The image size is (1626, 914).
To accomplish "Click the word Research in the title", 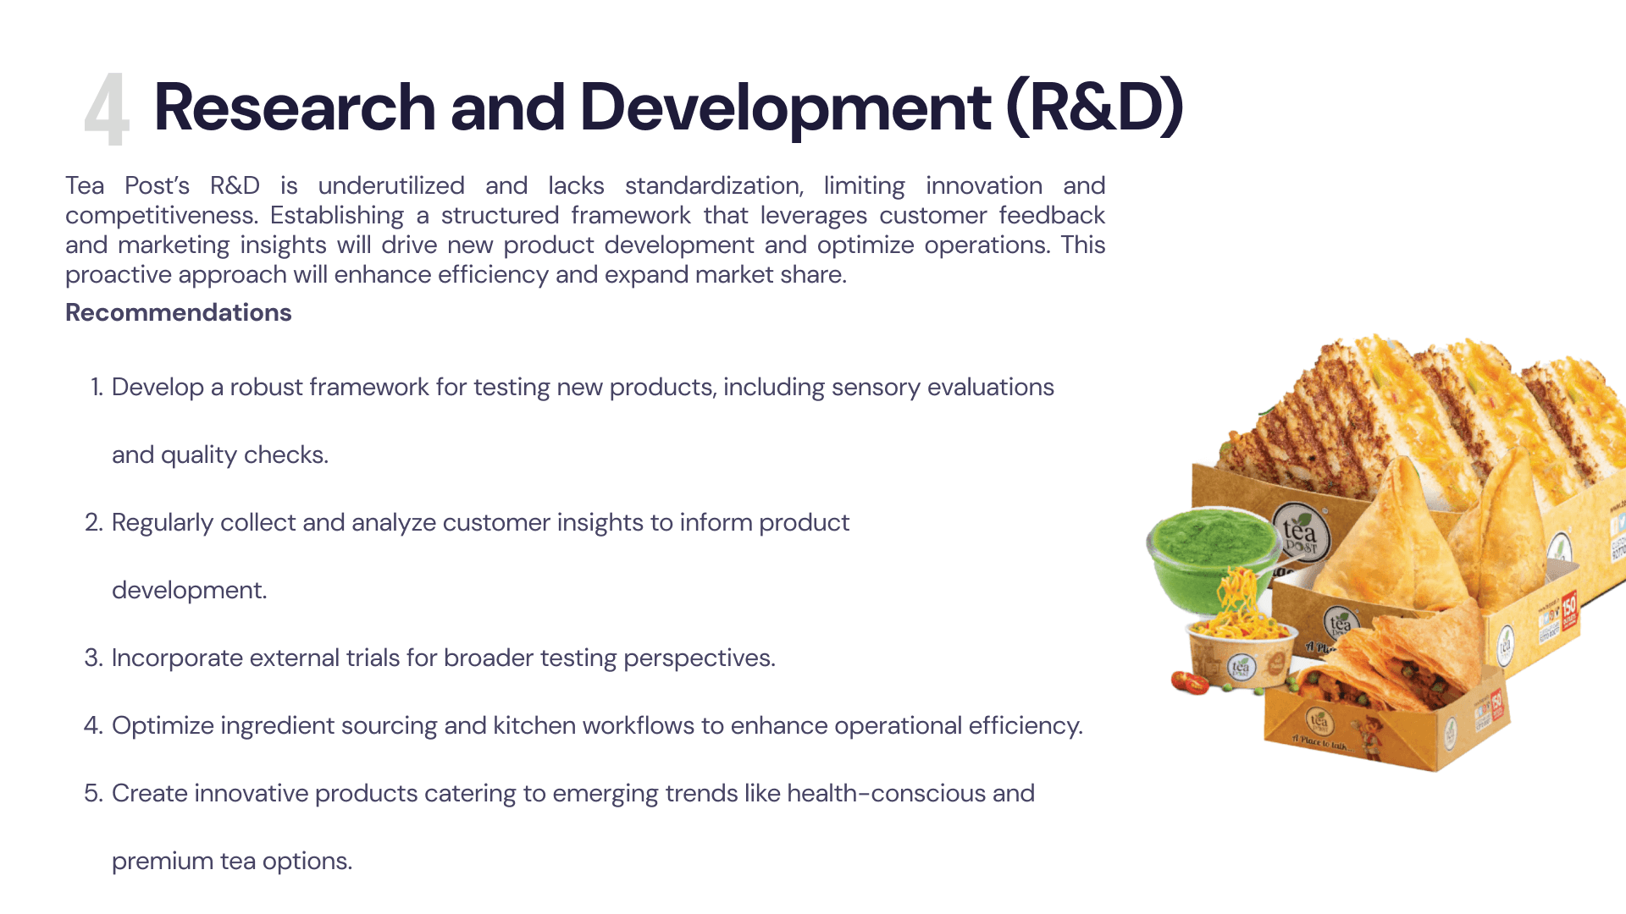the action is [x=295, y=107].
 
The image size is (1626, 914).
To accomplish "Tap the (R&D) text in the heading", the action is [x=1095, y=107].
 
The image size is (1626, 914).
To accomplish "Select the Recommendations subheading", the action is [x=179, y=312].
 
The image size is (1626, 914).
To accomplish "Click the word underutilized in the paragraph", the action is [x=391, y=185].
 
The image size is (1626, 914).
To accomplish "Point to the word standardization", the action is [x=714, y=186].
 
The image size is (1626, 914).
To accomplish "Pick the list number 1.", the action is [x=97, y=387].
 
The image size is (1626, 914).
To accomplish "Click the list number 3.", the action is [x=93, y=658].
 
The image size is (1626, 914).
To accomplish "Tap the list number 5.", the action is [x=93, y=793].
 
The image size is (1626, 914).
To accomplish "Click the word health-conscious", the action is [x=886, y=793].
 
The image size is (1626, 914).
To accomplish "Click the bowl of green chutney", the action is [x=1211, y=554].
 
